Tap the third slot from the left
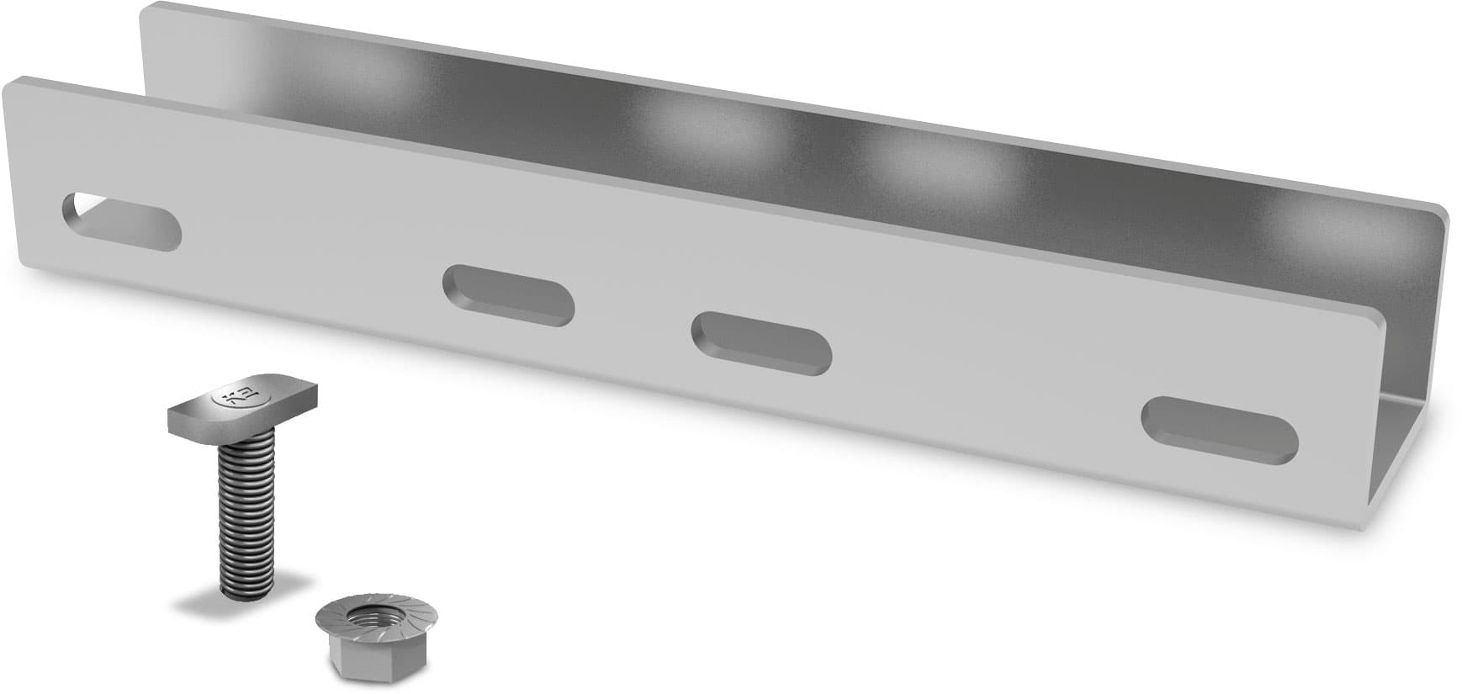click(x=761, y=343)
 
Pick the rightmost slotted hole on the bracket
click(x=1219, y=429)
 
